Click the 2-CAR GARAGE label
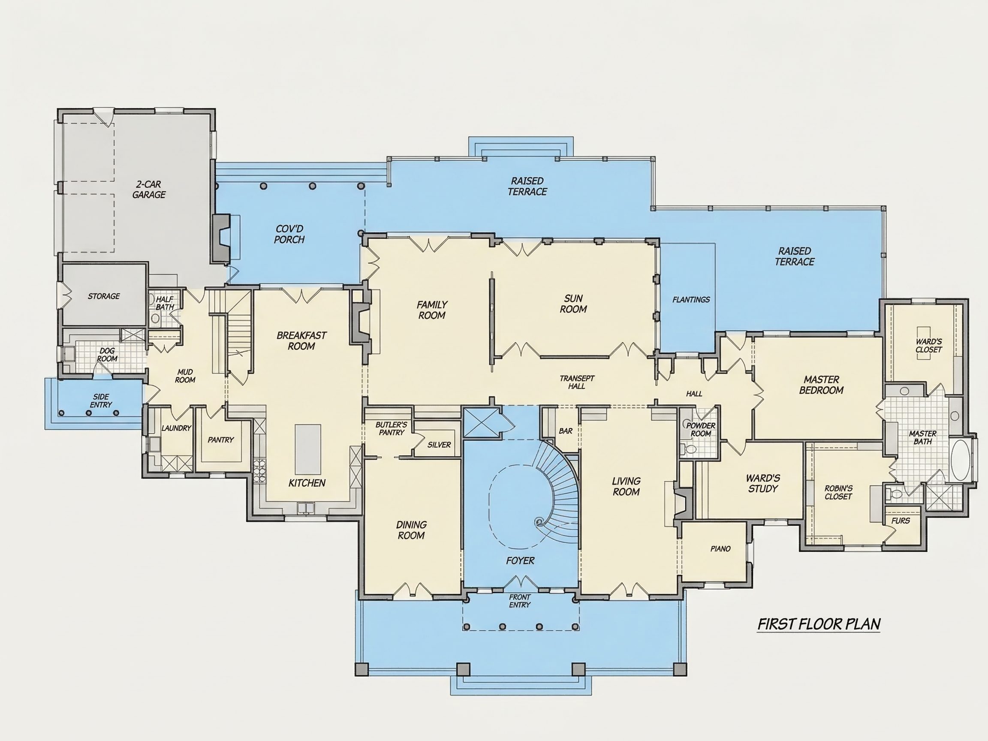tap(149, 190)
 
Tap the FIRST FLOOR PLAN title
tap(819, 624)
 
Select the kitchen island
tap(308, 449)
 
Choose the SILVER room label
tap(439, 445)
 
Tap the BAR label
tap(566, 431)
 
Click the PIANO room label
tap(720, 549)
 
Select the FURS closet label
tap(901, 521)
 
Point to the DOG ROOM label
tap(107, 355)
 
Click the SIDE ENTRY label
tap(101, 401)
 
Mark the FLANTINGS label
tap(691, 300)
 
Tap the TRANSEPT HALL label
tap(577, 383)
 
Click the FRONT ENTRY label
tap(520, 601)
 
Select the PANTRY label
tap(221, 440)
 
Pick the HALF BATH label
tap(165, 303)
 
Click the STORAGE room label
tap(104, 296)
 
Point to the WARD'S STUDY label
tap(763, 483)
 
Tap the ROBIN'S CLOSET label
tap(838, 492)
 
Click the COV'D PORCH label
tap(289, 234)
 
